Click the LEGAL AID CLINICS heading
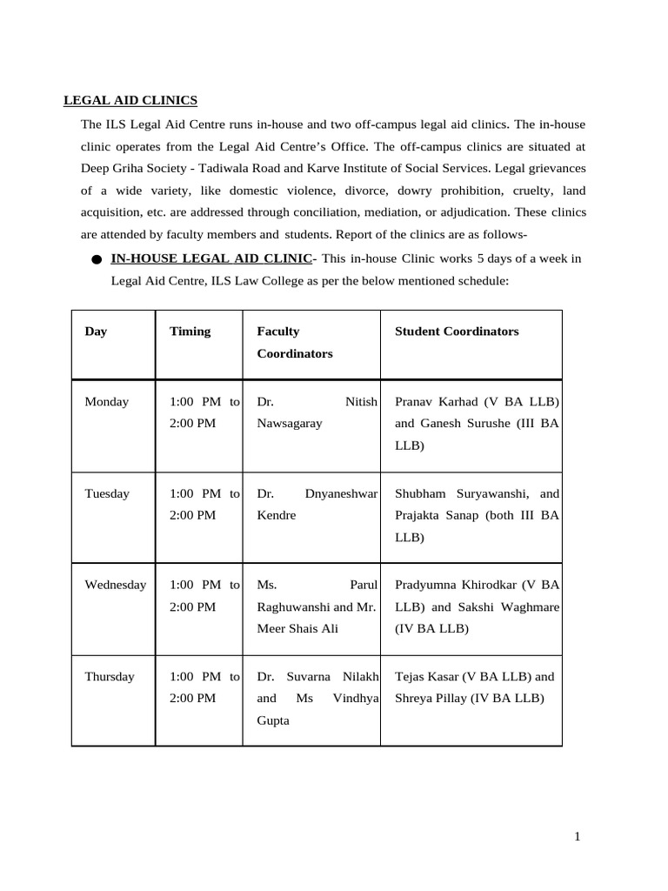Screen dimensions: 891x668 (130, 101)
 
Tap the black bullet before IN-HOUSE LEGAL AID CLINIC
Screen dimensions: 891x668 (95, 259)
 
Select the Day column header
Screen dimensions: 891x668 (96, 332)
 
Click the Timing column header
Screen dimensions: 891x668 (190, 332)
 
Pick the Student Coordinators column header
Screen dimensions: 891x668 (457, 332)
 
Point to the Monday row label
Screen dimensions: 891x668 (106, 402)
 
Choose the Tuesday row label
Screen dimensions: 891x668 (107, 493)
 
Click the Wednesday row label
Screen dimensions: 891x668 (115, 585)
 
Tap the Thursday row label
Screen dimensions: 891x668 (110, 676)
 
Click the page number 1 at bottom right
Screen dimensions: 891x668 (577, 837)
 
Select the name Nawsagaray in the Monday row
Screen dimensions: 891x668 (290, 424)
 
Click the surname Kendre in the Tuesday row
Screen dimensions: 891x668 (277, 515)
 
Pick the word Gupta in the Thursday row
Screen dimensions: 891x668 (274, 721)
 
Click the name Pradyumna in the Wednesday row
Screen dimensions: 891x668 (427, 585)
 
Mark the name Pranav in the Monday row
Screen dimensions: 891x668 (414, 402)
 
